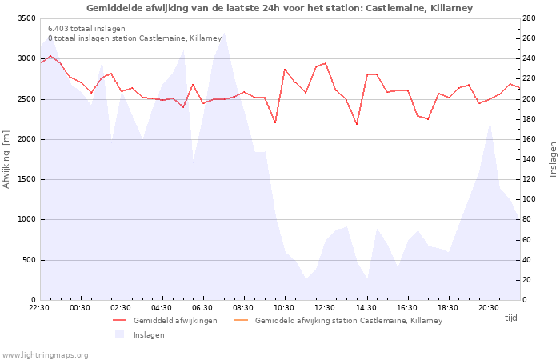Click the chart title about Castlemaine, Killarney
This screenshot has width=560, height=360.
click(279, 8)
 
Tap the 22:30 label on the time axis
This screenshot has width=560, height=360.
click(39, 307)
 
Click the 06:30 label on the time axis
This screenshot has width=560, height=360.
click(202, 307)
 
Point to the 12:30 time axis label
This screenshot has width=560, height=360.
click(325, 307)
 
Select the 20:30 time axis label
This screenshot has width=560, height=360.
click(488, 307)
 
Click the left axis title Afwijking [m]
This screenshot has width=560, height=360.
click(7, 159)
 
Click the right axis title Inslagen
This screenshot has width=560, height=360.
click(552, 159)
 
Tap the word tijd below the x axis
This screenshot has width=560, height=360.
click(510, 318)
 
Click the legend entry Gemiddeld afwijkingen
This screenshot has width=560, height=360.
click(174, 320)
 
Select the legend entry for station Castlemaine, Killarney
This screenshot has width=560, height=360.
click(348, 320)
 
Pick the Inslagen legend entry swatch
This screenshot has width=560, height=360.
click(120, 334)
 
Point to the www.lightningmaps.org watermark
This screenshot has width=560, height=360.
click(46, 354)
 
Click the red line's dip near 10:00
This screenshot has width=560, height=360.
click(274, 122)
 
